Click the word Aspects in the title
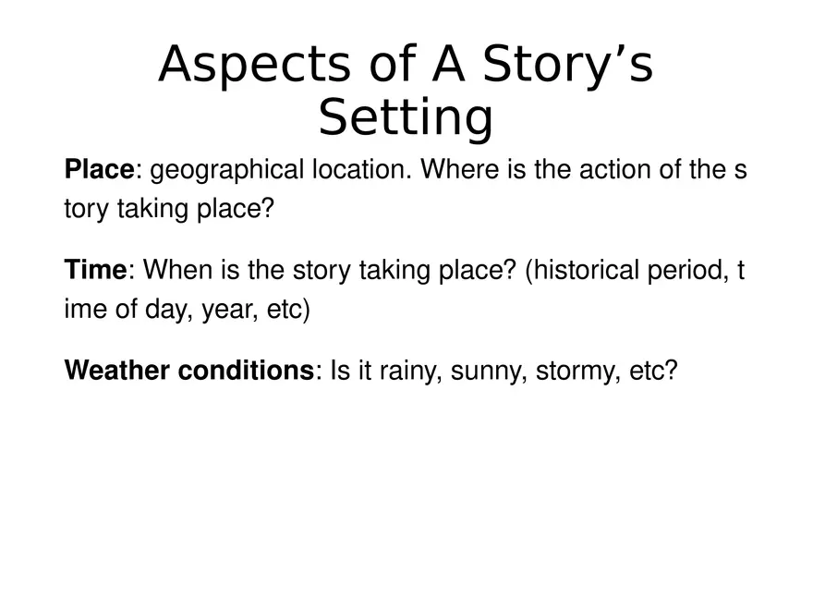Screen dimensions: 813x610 tap(255, 65)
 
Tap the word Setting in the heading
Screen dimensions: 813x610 tap(406, 117)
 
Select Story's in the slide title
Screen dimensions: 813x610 tap(568, 65)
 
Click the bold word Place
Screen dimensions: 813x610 tap(99, 170)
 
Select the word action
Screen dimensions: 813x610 tap(615, 170)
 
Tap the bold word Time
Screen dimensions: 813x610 tap(95, 270)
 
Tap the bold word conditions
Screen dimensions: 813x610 tap(247, 371)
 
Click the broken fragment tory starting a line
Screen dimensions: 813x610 tap(87, 210)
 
